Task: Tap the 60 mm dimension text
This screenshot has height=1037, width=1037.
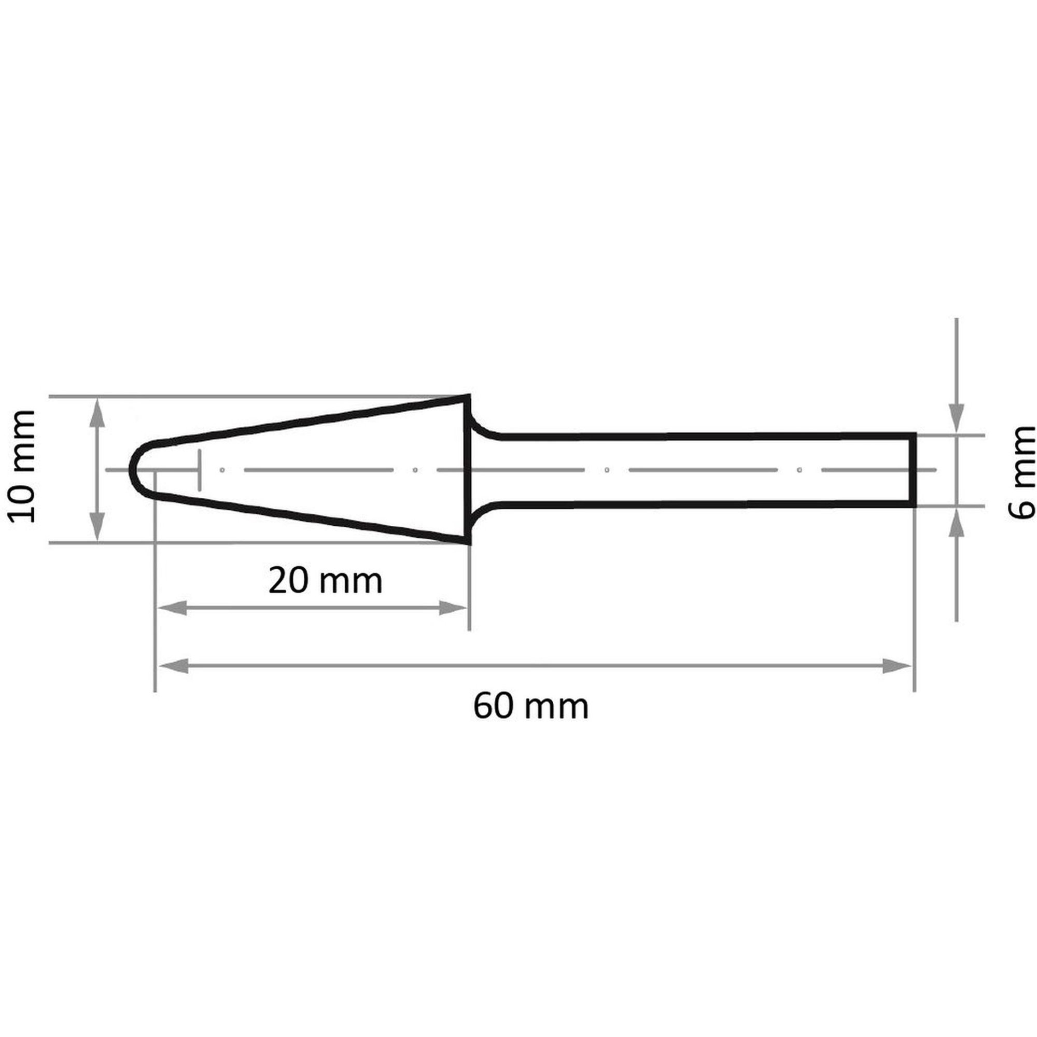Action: tap(531, 706)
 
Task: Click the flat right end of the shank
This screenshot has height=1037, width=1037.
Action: tap(914, 470)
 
